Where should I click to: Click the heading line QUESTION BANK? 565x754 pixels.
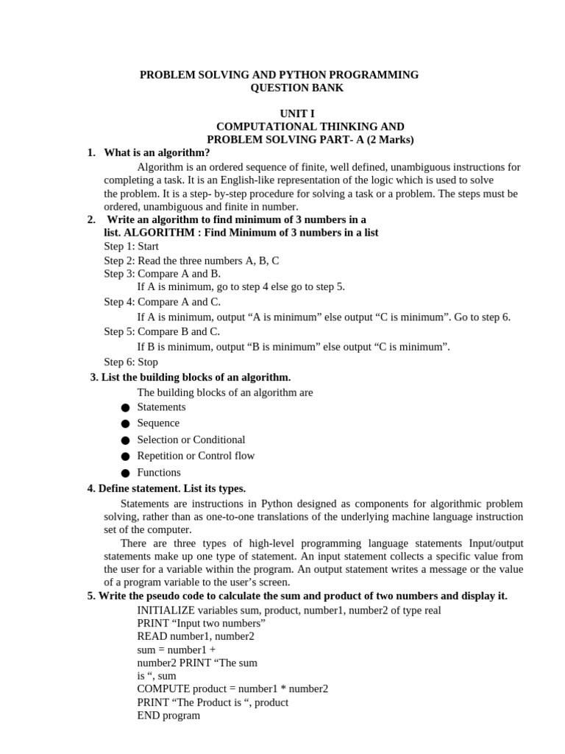tap(296, 88)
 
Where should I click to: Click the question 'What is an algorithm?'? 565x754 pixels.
tap(157, 152)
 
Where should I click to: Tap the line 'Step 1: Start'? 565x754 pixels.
tap(131, 247)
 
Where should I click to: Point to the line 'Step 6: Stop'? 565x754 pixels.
tap(131, 362)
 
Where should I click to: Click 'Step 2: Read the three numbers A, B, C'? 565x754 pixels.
tap(191, 261)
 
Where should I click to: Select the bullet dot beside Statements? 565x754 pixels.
tap(125, 408)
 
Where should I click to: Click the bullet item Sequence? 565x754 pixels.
tap(158, 423)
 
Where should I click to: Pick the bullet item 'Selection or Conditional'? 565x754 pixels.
tap(191, 440)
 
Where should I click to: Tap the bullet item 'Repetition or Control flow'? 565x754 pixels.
tap(196, 456)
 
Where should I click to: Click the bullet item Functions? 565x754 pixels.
tap(159, 473)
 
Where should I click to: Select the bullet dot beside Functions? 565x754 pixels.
tap(125, 473)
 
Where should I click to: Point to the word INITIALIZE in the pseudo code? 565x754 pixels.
tap(166, 610)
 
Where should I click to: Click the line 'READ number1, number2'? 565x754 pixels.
tap(196, 636)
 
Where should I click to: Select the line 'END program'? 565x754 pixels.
tap(168, 715)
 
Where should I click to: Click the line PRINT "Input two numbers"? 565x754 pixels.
tap(201, 623)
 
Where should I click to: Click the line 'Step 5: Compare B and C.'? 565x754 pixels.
tap(162, 331)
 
